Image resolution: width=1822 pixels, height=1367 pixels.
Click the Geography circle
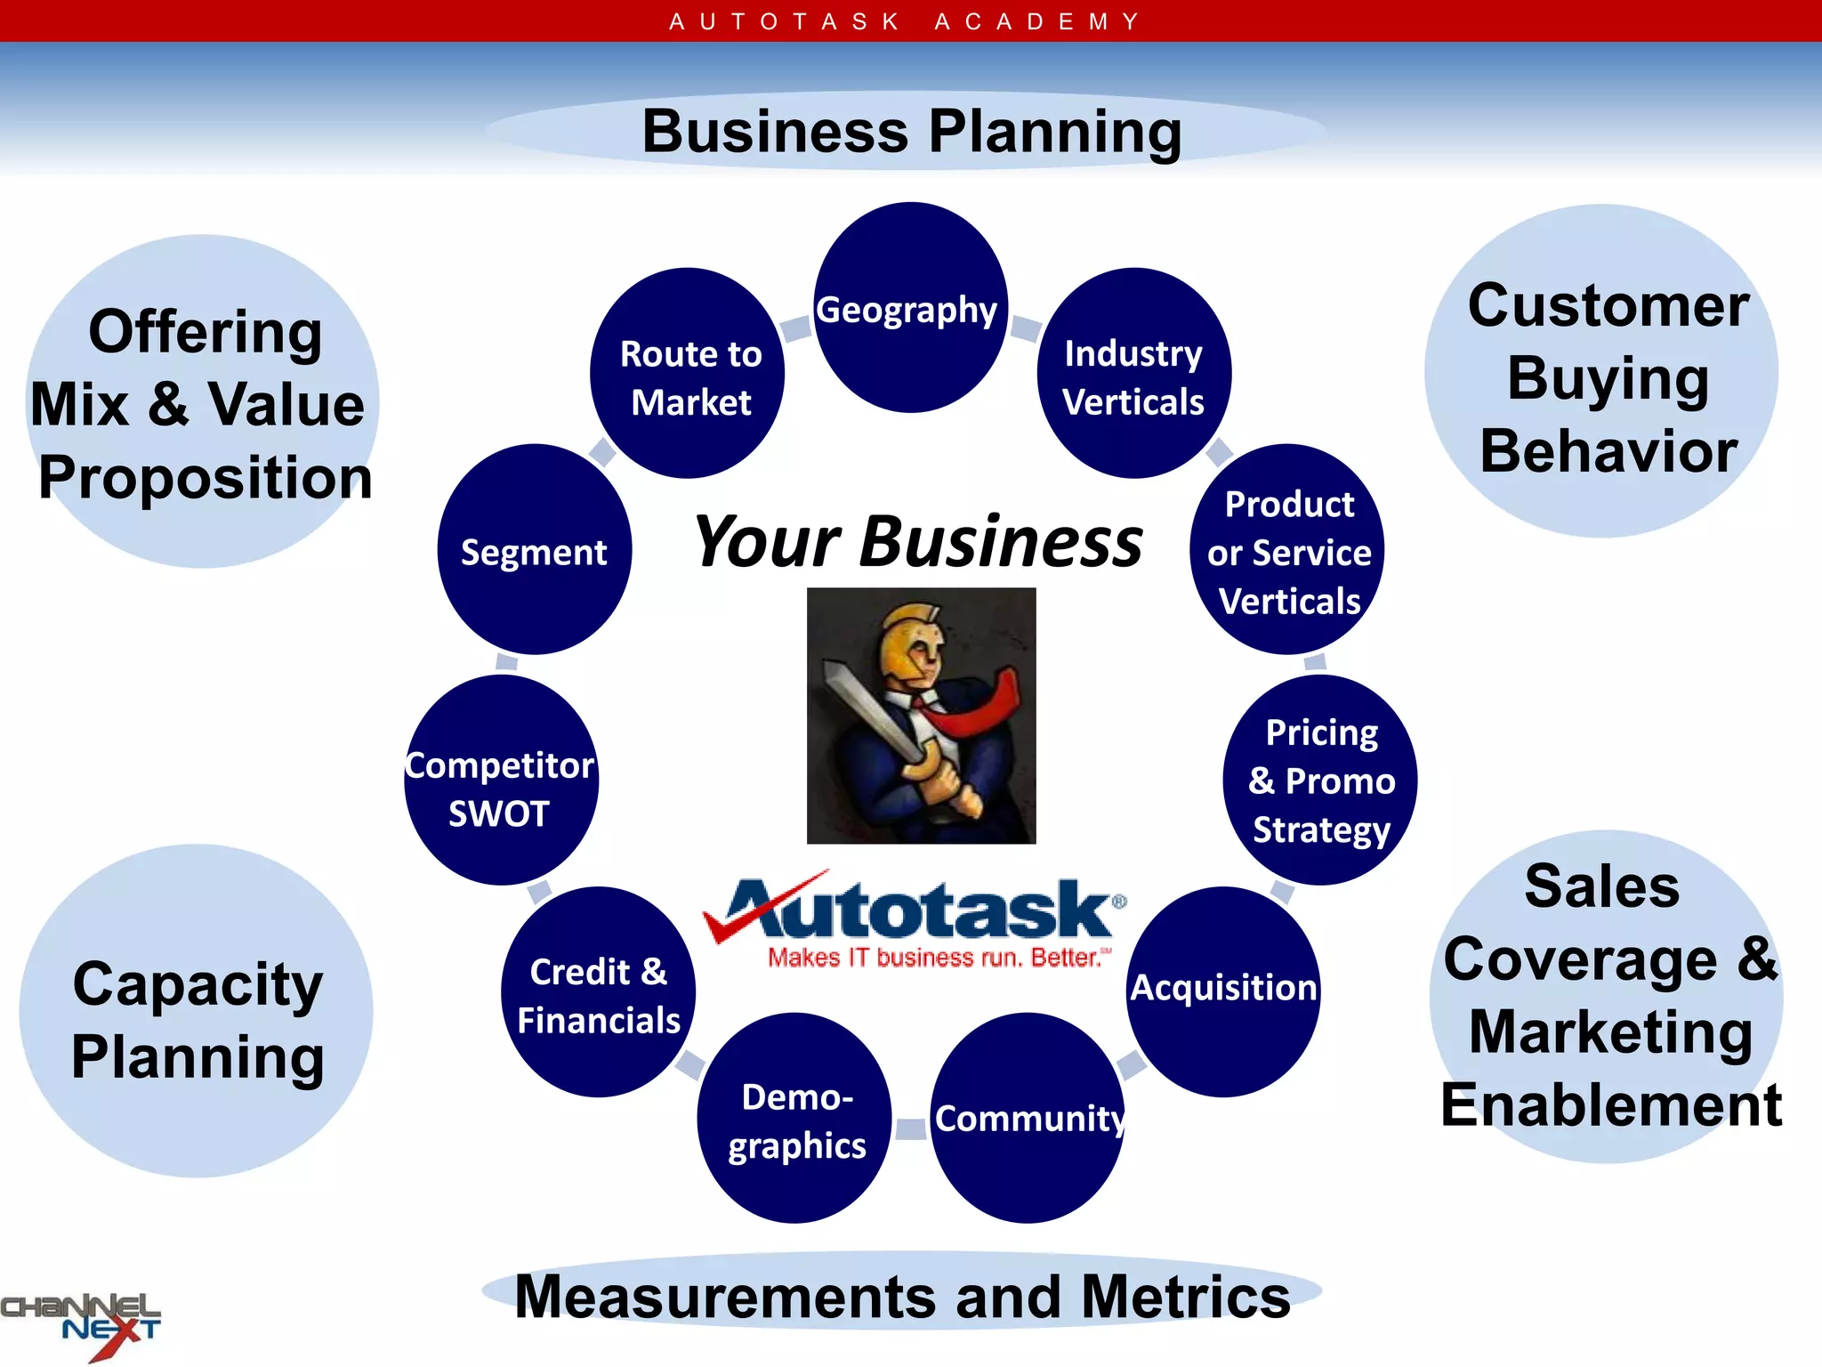910,308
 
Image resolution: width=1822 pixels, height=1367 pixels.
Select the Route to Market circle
688,374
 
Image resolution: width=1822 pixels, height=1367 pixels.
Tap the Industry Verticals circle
1133,374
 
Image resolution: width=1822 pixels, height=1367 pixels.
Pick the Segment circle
534,550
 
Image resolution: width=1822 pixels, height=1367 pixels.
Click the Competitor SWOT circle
501,781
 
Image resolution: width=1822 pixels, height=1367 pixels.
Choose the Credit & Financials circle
598,992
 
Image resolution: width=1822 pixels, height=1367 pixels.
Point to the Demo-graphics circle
794,1119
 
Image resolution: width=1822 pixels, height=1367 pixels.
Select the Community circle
1028,1119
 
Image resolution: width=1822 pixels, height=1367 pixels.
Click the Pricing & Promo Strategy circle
1320,781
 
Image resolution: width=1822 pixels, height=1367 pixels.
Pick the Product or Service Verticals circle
1287,550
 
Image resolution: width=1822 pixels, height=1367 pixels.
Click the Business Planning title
911,132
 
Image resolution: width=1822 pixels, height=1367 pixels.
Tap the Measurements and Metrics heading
902,1296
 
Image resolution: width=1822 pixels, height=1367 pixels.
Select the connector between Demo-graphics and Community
911,1128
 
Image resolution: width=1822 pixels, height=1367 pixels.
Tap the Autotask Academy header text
905,20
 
